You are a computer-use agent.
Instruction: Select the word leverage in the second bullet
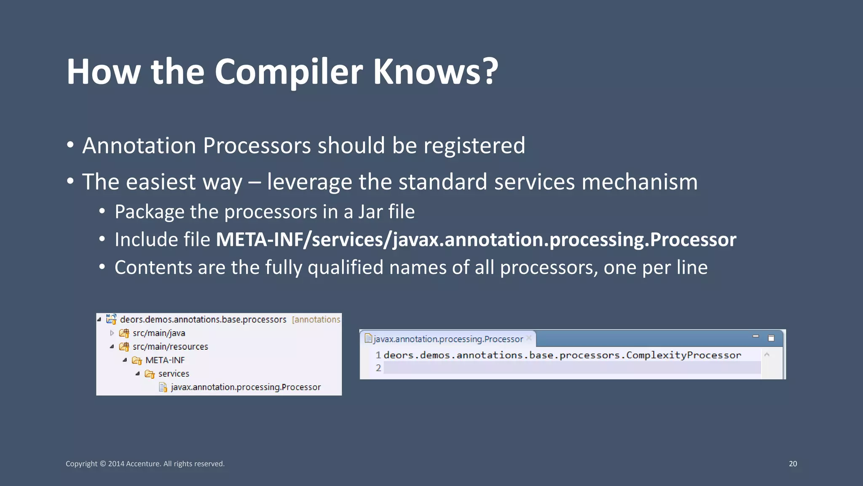[x=309, y=182]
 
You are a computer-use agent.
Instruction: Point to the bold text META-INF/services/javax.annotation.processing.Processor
[x=476, y=240]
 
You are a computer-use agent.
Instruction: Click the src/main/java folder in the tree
[x=158, y=333]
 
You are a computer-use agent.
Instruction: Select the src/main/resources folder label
[x=170, y=347]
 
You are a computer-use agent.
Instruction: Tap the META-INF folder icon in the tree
[x=137, y=361]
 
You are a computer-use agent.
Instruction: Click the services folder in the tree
[x=173, y=374]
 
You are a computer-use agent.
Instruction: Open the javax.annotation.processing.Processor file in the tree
[x=245, y=387]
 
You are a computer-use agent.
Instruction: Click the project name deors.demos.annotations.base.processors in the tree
[x=203, y=320]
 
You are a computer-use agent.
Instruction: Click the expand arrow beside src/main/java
[x=112, y=333]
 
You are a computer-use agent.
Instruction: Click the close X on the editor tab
[x=529, y=338]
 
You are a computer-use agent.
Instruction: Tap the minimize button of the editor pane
[x=756, y=337]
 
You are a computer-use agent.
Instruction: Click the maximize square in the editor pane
[x=771, y=338]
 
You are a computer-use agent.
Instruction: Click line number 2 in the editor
[x=378, y=368]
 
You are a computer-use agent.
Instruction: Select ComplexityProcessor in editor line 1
[x=683, y=355]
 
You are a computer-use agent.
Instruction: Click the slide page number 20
[x=793, y=464]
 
